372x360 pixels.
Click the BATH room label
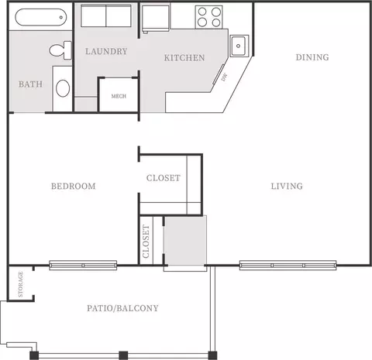30,84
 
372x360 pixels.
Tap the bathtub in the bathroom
41,17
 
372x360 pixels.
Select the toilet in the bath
60,50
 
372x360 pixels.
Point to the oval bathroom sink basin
63,88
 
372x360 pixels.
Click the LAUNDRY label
106,51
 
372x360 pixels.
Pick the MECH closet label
119,96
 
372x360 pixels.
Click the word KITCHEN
184,58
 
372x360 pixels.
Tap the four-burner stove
209,17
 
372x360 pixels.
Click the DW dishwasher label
224,77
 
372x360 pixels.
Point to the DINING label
312,57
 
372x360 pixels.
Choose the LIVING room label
287,186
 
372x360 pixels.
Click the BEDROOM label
74,186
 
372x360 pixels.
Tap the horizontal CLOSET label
164,178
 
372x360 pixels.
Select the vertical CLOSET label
146,242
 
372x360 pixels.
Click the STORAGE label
21,284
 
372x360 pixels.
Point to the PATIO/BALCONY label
122,308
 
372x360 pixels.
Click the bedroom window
83,266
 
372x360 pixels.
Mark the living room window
288,266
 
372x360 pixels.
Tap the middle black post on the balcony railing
123,355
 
